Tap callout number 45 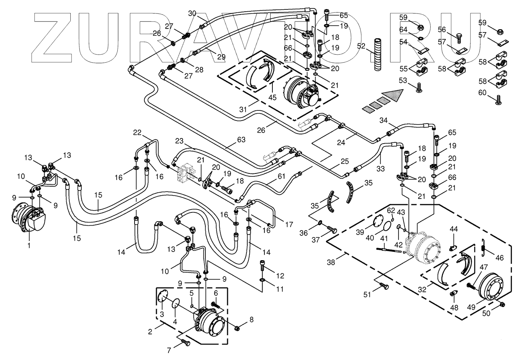click(x=272, y=97)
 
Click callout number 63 click(x=241, y=140)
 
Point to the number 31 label click(x=243, y=109)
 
